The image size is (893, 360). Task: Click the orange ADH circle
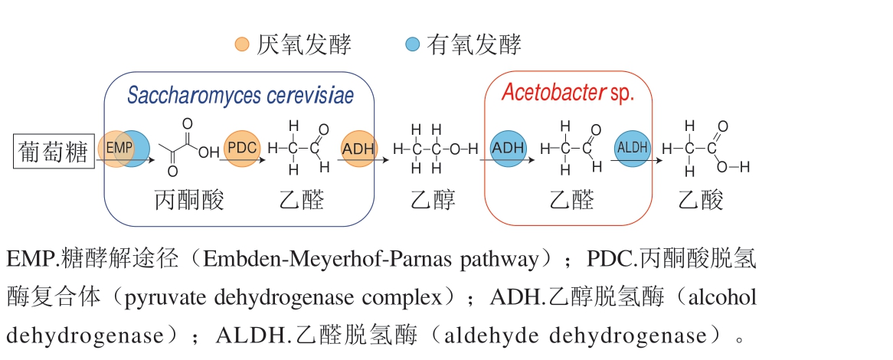(358, 148)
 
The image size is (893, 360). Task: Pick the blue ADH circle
(508, 148)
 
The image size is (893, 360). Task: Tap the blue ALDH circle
(633, 148)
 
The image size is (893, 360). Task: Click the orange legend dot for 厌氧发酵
(242, 45)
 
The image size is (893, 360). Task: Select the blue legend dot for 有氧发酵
(413, 45)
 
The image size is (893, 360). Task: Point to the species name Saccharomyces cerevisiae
(240, 96)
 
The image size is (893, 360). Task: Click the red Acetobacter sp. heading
(568, 93)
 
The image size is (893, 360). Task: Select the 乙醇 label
(433, 201)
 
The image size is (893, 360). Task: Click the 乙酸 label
(701, 201)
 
